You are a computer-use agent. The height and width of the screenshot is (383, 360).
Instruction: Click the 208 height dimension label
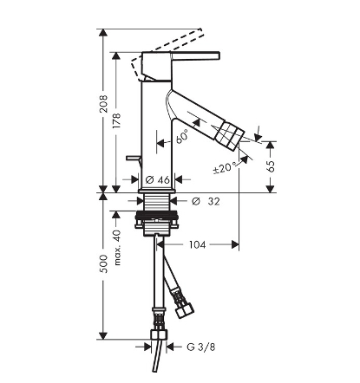[x=103, y=104]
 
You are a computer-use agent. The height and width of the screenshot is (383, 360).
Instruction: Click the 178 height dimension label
[x=116, y=120]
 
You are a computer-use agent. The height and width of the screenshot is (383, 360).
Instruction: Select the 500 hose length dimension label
[x=103, y=263]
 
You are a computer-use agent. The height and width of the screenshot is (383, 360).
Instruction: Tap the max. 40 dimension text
[x=117, y=248]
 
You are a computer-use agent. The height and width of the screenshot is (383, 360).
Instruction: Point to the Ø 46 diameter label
[x=158, y=180]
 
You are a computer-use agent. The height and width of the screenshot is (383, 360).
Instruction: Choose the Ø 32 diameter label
[x=206, y=201]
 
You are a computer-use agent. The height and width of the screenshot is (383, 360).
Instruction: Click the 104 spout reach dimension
[x=198, y=245]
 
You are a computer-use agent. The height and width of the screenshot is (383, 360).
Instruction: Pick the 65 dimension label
[x=271, y=166]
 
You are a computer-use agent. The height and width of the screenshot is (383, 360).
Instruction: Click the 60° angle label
[x=182, y=136]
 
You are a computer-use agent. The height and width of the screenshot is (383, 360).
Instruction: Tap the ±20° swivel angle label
[x=225, y=168]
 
